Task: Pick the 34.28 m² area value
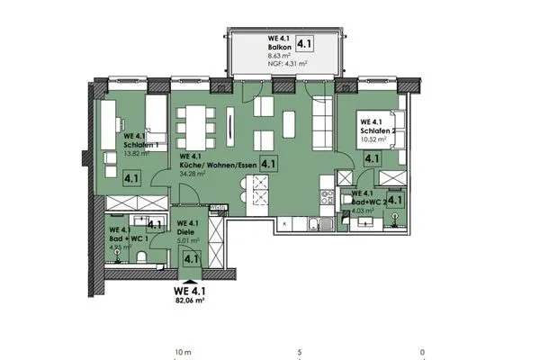coord(193,173)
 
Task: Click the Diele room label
coord(187,231)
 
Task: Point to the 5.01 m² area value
coord(189,240)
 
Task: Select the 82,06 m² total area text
coord(190,301)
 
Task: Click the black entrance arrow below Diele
coord(190,278)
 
